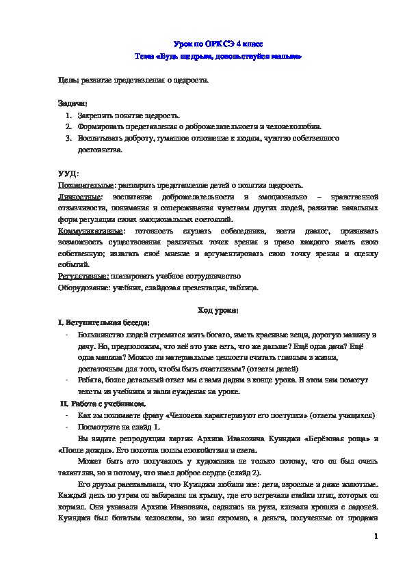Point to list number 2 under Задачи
68,127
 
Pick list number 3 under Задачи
68,139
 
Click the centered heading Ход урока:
218,311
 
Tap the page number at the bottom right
376,537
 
